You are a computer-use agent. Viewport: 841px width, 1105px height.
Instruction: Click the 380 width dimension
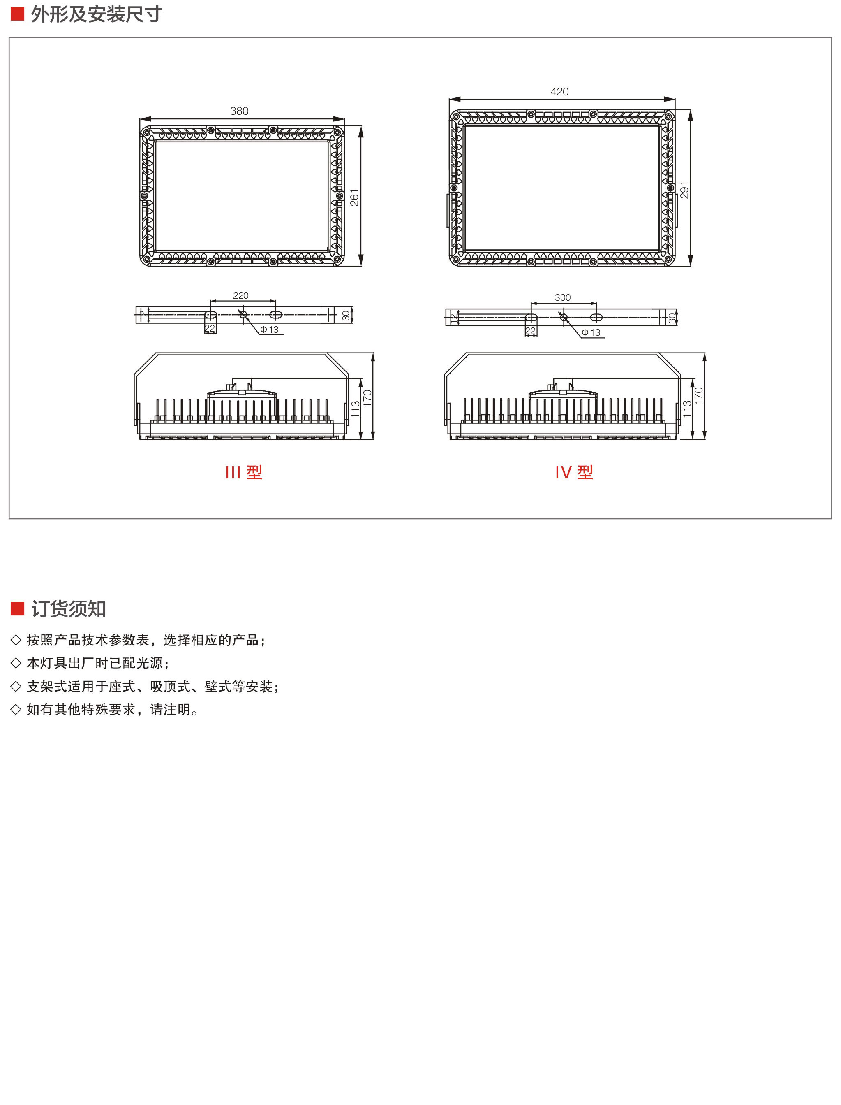tap(239, 111)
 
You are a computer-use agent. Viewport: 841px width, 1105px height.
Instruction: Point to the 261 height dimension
tap(354, 197)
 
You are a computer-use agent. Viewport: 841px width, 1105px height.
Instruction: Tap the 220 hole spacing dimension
tap(240, 295)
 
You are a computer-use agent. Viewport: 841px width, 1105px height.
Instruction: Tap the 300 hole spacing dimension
tap(562, 297)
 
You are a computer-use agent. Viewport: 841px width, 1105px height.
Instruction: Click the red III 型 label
tap(244, 472)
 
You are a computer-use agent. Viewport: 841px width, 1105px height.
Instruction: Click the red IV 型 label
tap(574, 472)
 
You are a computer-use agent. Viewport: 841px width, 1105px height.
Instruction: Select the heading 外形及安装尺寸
tap(96, 14)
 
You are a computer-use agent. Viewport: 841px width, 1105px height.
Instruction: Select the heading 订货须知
tap(69, 608)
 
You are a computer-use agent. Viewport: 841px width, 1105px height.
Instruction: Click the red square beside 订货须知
tap(18, 608)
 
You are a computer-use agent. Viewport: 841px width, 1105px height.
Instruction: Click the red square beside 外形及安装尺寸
tap(18, 14)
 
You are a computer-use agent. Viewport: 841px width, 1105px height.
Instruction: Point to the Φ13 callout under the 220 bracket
tap(269, 330)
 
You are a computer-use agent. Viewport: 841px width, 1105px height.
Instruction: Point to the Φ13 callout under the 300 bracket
tap(591, 332)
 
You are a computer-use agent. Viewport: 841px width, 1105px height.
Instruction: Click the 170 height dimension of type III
tap(367, 398)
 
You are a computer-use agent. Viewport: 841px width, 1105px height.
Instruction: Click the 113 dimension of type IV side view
tap(687, 409)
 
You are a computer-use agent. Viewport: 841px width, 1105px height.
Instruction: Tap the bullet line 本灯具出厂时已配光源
tap(97, 663)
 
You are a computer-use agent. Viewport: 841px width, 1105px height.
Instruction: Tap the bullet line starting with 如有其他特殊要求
tap(113, 709)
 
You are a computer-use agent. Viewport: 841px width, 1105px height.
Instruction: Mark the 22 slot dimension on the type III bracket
tap(210, 329)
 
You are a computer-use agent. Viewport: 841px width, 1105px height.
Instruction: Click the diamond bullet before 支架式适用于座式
tap(16, 686)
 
